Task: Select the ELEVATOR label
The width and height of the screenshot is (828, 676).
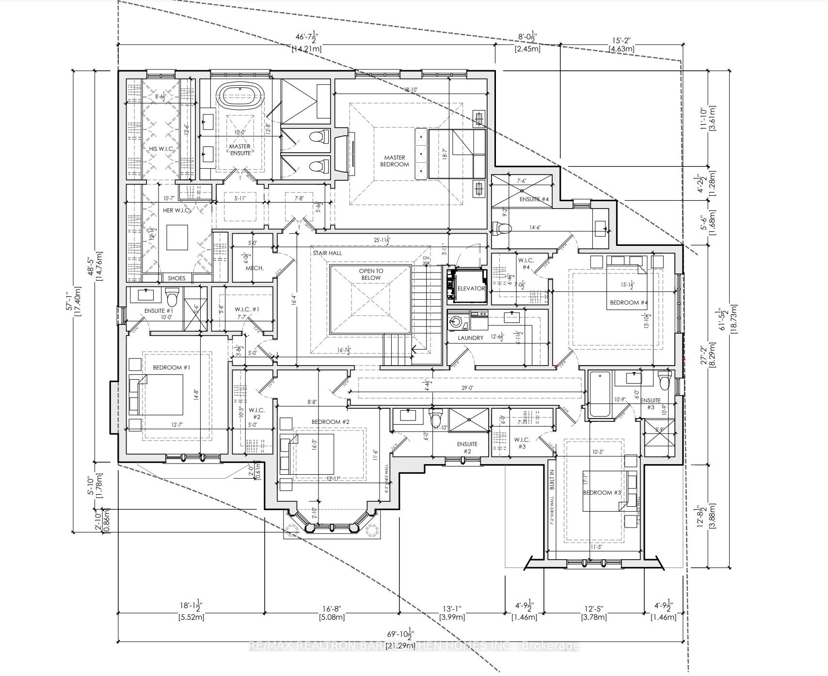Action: click(x=471, y=289)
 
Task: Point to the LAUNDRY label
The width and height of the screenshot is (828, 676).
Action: click(x=470, y=338)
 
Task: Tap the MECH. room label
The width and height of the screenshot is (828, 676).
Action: click(x=254, y=268)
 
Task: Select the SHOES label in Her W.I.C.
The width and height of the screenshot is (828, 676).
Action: click(x=176, y=278)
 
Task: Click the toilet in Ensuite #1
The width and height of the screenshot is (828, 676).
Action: click(x=172, y=295)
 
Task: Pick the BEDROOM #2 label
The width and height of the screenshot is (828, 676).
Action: click(x=330, y=422)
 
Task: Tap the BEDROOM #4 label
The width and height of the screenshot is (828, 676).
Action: click(x=628, y=303)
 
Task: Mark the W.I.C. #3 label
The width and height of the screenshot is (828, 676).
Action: click(x=522, y=443)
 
